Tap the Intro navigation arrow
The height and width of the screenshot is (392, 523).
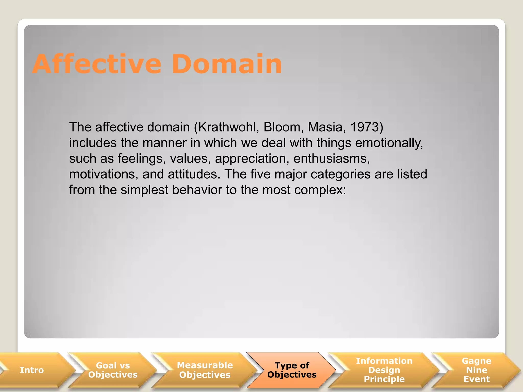32,370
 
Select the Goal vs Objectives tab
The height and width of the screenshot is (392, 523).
113,370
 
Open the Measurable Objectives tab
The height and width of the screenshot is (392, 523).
205,370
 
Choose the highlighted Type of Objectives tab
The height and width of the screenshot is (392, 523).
292,370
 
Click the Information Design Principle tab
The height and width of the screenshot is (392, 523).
384,370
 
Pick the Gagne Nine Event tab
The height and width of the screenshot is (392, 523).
477,370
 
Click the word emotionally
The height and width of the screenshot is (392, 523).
389,143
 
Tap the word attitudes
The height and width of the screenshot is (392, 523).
194,174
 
